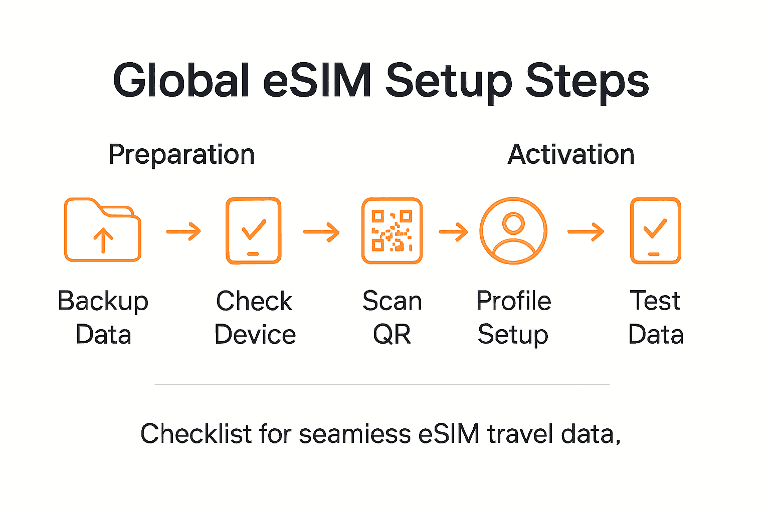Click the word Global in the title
(x=181, y=80)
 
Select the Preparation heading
(x=181, y=154)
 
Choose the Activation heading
(x=571, y=154)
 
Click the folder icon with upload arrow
(x=103, y=230)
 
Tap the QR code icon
(x=392, y=230)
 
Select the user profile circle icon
(x=513, y=230)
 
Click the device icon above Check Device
(x=254, y=230)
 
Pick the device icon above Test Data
(x=655, y=230)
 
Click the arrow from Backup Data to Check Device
(x=183, y=231)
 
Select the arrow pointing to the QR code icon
(x=321, y=231)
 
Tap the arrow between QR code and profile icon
(x=454, y=231)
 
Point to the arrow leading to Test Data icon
(x=586, y=231)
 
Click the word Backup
(x=103, y=302)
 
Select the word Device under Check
(x=255, y=335)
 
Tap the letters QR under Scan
(x=392, y=335)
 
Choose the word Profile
(x=514, y=301)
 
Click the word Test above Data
(x=655, y=301)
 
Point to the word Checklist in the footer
(x=196, y=433)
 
